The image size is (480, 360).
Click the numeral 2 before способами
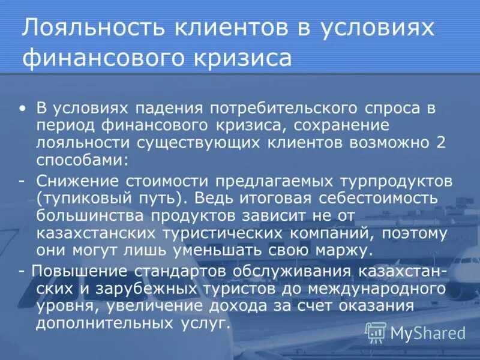(442, 143)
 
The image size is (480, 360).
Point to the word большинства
(89, 215)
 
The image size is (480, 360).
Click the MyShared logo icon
(376, 332)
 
